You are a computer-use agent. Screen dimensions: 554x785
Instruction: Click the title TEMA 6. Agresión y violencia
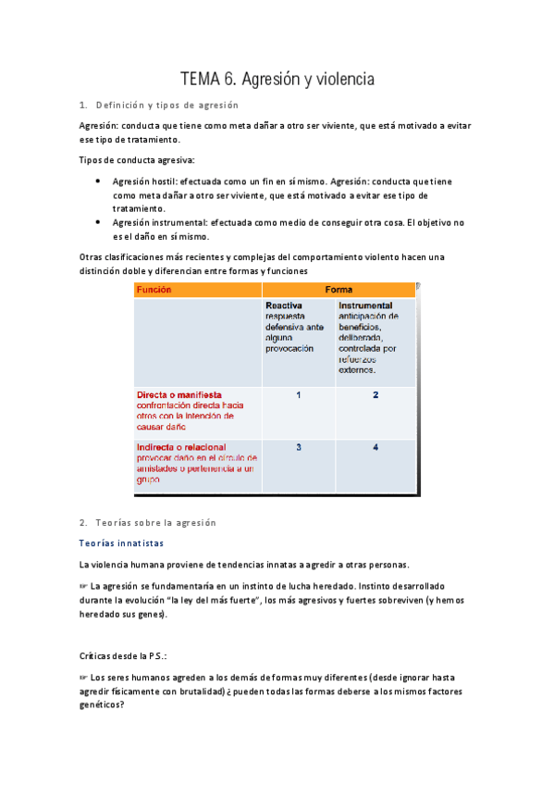click(277, 80)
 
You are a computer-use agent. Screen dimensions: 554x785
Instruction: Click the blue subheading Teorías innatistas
click(121, 543)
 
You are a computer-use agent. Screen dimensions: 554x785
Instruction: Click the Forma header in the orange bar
click(339, 290)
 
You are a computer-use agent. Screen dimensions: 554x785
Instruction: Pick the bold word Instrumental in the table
click(364, 305)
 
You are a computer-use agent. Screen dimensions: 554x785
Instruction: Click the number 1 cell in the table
click(298, 395)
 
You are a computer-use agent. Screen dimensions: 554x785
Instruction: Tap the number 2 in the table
click(375, 395)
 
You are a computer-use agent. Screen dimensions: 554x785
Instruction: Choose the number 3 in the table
click(298, 448)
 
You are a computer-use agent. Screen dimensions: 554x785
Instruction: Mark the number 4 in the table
click(375, 448)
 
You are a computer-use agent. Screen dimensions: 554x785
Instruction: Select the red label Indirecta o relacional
click(180, 447)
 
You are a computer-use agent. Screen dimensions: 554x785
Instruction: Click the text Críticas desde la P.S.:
click(128, 654)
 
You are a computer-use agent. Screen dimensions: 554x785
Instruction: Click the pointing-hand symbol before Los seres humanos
click(83, 678)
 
